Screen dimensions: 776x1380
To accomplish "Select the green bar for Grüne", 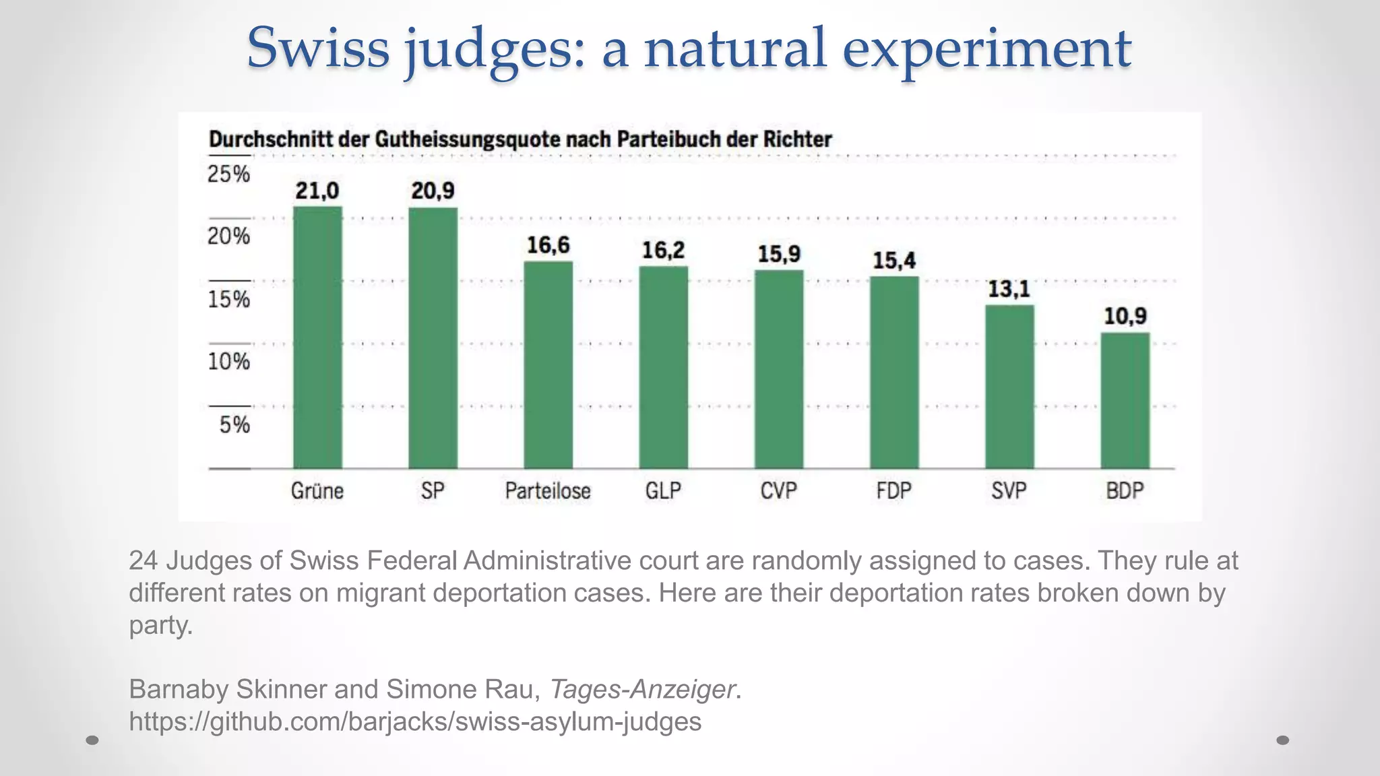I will point(317,337).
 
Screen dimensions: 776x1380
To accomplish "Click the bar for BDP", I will point(1125,400).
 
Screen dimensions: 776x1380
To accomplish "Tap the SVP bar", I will point(1009,387).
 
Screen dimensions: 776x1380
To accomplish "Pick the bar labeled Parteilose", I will point(548,364).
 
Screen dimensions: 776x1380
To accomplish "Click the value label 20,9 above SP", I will point(433,191).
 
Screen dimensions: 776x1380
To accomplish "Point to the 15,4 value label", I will point(894,260).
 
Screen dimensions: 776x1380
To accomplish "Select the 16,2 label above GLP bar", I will point(663,251).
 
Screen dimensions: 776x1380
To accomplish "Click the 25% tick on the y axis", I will point(228,174).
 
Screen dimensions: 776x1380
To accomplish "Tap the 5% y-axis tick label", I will point(234,424).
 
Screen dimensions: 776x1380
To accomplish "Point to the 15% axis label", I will point(228,299).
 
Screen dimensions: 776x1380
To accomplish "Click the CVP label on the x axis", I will point(778,490).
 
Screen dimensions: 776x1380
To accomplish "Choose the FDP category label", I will point(893,490).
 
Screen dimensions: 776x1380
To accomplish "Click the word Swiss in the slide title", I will point(318,48).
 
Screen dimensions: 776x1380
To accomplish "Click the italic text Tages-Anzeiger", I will point(642,689).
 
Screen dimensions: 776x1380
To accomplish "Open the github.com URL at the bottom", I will point(415,721).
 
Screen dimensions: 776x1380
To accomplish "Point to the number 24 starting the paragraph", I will point(143,560).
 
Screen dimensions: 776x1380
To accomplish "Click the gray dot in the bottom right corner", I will point(1282,740).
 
